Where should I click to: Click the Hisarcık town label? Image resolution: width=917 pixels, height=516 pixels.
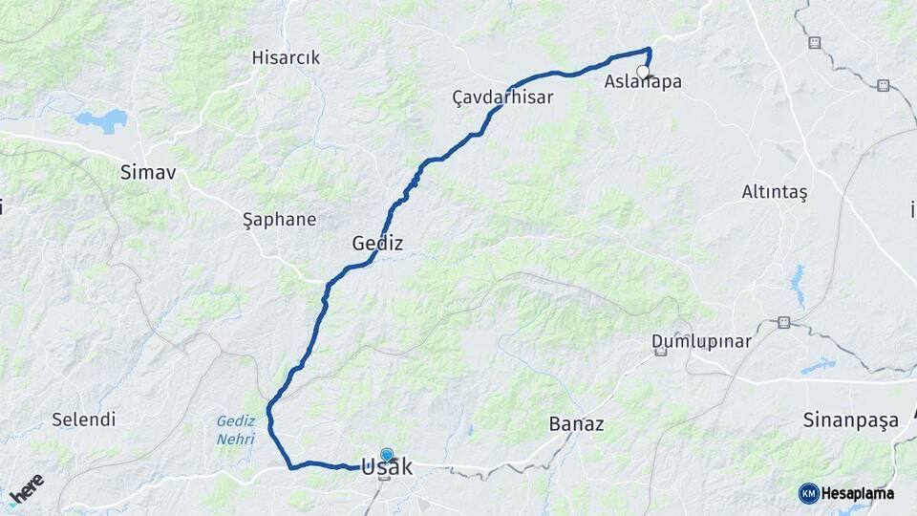click(x=286, y=57)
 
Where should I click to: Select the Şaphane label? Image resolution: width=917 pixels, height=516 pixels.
click(x=279, y=219)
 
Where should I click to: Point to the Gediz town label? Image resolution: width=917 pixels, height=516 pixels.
click(x=377, y=244)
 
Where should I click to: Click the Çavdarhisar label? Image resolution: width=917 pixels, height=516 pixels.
click(x=502, y=97)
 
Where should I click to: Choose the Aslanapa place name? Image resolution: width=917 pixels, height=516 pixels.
click(x=643, y=82)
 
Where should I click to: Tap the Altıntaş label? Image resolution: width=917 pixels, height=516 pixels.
click(x=774, y=192)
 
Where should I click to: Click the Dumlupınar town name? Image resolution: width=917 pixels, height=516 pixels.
click(x=701, y=340)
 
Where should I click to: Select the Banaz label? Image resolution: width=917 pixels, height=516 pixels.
click(x=576, y=424)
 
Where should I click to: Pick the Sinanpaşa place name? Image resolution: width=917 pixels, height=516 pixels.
click(x=850, y=419)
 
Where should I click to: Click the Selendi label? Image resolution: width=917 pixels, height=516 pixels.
click(x=83, y=419)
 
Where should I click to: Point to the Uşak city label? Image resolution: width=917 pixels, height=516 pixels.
click(x=387, y=467)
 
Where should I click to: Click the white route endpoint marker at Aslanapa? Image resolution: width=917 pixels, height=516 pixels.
click(x=643, y=71)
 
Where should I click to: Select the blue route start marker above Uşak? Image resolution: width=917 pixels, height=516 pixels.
click(x=386, y=455)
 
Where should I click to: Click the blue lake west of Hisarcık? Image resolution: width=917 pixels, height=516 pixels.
click(x=102, y=120)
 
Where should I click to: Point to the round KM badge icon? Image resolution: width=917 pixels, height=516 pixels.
click(x=808, y=493)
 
